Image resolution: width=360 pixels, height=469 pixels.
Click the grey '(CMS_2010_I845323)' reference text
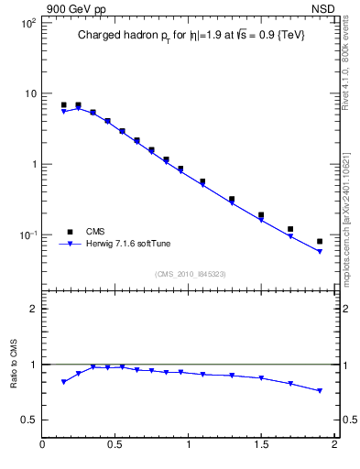[190, 273]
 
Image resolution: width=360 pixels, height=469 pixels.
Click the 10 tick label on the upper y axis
[28, 93]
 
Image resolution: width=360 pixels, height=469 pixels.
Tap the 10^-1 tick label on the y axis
[27, 235]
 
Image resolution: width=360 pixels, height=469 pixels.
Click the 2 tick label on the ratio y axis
[32, 309]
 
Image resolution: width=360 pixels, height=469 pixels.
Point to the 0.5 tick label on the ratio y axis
[28, 420]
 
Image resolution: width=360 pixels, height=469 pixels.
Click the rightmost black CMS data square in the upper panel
[320, 242]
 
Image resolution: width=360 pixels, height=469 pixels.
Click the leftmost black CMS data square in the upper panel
[63, 105]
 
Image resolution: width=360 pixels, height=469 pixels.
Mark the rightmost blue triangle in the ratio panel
[320, 391]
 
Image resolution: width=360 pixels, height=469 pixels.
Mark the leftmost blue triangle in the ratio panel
[63, 382]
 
